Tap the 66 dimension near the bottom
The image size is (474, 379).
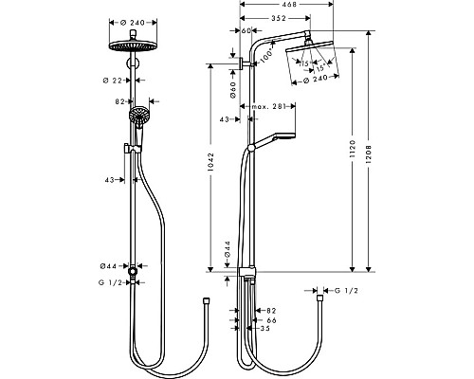click(271, 321)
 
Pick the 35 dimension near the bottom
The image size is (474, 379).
click(271, 331)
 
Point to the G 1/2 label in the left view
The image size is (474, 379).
click(112, 283)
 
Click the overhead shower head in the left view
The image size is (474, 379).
click(137, 48)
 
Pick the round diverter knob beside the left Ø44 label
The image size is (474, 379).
click(137, 272)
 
